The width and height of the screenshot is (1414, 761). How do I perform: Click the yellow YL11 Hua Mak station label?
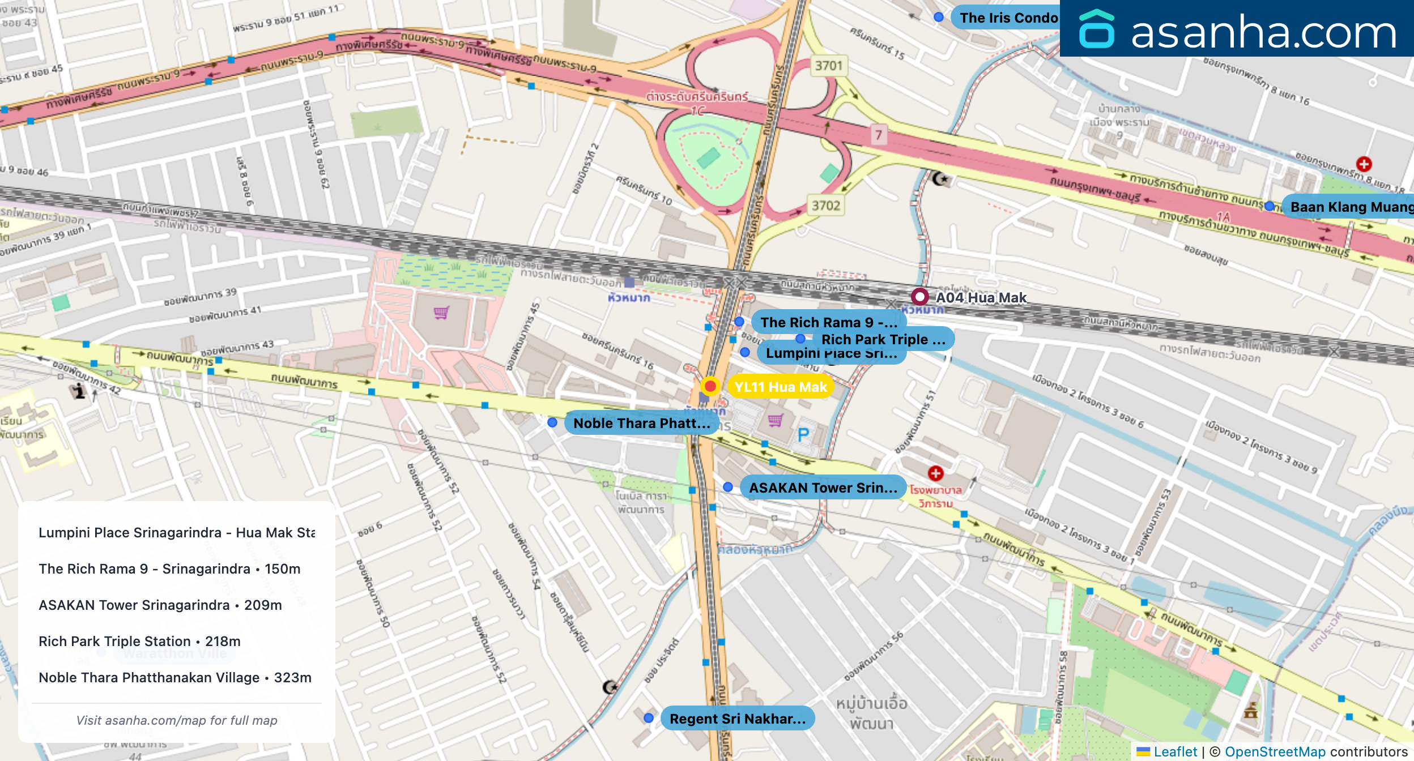click(780, 387)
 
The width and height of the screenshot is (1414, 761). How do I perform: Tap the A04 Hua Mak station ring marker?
click(919, 297)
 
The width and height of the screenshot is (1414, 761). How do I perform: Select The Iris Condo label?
click(1008, 18)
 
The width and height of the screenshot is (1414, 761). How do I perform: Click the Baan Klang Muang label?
click(1351, 207)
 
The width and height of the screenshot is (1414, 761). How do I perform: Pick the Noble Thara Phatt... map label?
click(641, 423)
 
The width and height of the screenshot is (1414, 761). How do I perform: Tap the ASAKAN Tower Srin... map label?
click(823, 488)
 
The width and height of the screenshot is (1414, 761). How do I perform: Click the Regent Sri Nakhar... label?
click(737, 719)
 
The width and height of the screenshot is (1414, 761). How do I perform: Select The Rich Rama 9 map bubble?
click(828, 322)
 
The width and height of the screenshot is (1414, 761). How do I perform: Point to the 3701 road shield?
click(828, 66)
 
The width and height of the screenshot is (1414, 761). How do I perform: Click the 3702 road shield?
click(825, 206)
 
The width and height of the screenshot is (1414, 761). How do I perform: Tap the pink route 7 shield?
click(878, 135)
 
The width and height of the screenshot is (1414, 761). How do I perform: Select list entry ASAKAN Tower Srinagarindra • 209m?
click(160, 605)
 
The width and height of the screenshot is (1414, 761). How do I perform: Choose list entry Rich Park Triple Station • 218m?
click(139, 641)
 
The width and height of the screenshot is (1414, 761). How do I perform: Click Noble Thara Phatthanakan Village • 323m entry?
click(175, 677)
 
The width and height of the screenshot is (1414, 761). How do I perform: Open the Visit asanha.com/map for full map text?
click(177, 720)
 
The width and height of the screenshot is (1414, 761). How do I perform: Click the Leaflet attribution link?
click(1175, 751)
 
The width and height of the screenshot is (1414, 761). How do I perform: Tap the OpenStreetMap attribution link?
click(1275, 751)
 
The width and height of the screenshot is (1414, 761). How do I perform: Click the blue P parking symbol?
click(803, 435)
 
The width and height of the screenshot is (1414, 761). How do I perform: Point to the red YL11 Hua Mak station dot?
click(710, 386)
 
